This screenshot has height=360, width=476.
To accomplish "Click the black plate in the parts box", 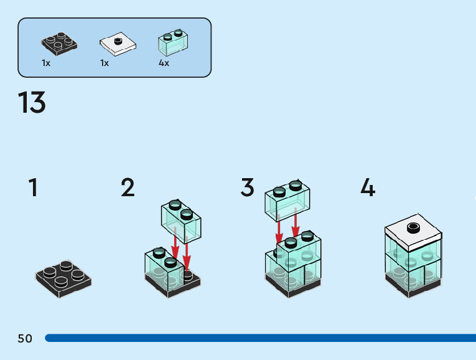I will [x=60, y=42].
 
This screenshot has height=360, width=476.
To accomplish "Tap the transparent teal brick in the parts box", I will [x=174, y=42].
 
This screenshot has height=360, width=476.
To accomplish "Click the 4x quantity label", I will [x=164, y=63].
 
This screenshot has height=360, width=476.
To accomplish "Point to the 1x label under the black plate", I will [x=46, y=63].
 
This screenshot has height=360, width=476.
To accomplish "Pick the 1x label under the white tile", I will [x=105, y=63].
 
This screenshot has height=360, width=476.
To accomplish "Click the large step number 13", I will [x=32, y=103].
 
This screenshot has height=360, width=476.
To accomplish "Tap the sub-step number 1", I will [x=33, y=187].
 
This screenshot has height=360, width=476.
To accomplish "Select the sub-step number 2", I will [x=128, y=187].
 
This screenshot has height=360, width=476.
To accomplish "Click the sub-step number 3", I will [x=248, y=187].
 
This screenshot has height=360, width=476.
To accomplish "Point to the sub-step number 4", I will [x=368, y=187].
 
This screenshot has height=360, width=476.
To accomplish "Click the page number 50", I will [x=25, y=338].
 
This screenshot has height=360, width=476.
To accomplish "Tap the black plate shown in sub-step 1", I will [x=63, y=278].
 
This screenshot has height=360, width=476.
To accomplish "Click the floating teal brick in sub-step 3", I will [x=288, y=201].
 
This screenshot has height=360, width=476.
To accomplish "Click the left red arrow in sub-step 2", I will [x=175, y=246].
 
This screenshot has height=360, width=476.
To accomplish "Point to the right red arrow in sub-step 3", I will [x=296, y=228].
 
